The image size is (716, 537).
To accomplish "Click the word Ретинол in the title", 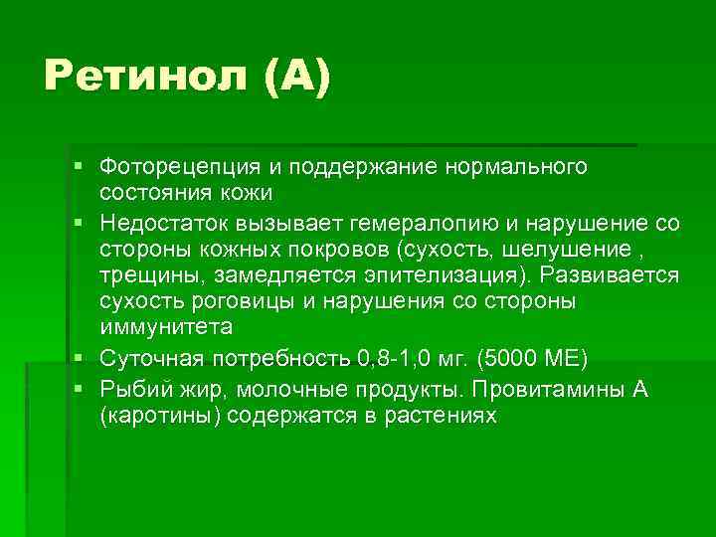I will [147, 77].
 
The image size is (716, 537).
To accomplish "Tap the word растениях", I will [441, 416].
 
